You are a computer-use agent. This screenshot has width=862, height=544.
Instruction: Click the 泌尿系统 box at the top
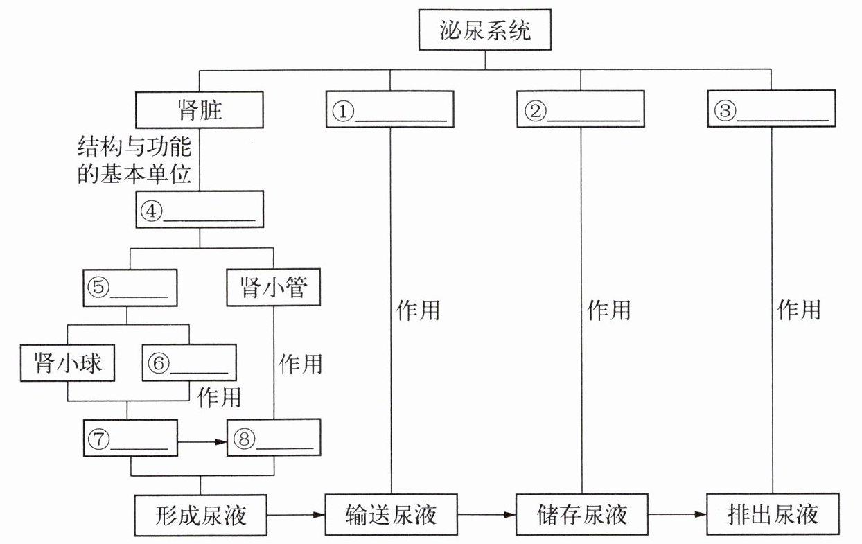[485, 30]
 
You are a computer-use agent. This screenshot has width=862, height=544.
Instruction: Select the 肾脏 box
[200, 109]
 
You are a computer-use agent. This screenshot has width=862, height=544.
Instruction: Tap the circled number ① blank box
[390, 109]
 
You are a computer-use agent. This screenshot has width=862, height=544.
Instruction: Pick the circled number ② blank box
[580, 109]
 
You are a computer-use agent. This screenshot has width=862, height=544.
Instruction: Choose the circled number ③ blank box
[771, 109]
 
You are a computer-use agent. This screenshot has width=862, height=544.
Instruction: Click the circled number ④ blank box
[200, 209]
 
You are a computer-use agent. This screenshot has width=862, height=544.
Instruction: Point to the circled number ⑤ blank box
[130, 288]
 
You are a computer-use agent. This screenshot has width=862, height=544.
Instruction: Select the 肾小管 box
[273, 288]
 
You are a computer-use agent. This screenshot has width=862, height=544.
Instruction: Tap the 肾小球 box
[67, 363]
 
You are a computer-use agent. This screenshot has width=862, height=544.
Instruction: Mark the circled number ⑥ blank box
[189, 363]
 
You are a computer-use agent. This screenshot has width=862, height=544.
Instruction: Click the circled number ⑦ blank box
[130, 438]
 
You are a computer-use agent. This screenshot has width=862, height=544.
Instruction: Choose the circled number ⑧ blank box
[274, 438]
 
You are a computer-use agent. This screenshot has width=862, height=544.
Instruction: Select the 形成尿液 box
[200, 516]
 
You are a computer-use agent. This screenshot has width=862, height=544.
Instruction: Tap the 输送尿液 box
[392, 515]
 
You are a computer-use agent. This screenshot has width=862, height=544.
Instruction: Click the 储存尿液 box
[582, 514]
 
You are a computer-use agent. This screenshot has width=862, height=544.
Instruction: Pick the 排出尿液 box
[773, 514]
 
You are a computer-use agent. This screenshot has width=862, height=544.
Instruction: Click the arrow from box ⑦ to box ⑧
[202, 442]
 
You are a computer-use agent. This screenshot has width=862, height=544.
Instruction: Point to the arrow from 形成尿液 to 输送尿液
[296, 515]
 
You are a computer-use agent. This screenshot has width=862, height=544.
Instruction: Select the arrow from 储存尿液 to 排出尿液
[677, 514]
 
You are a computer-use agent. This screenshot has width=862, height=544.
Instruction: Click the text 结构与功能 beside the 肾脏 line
[134, 146]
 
